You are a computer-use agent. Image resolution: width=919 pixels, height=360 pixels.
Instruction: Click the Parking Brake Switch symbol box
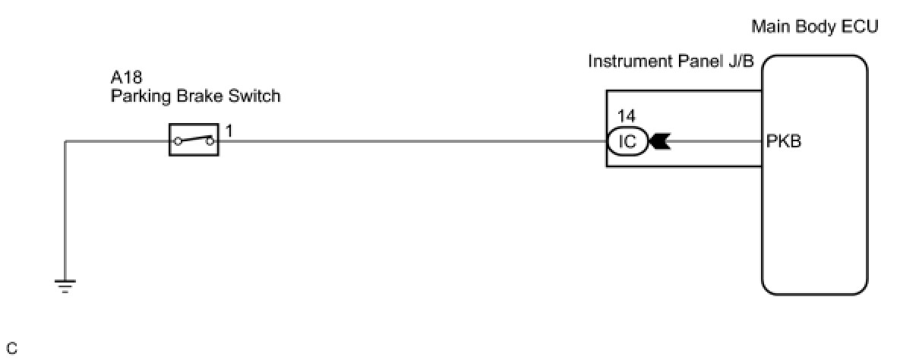pyautogui.click(x=194, y=141)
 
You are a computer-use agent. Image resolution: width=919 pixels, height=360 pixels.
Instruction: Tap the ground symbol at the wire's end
pyautogui.click(x=65, y=287)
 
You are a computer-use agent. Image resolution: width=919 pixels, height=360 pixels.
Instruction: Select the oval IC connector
pyautogui.click(x=627, y=141)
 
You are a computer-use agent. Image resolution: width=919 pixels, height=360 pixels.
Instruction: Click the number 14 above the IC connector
pyautogui.click(x=627, y=116)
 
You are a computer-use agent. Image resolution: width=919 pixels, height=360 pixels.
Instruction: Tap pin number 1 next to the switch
pyautogui.click(x=229, y=131)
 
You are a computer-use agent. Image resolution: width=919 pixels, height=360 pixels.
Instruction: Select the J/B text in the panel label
pyautogui.click(x=741, y=62)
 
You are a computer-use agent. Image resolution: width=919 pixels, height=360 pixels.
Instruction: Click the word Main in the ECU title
pyautogui.click(x=769, y=27)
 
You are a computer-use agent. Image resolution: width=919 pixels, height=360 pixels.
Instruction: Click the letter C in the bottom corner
pyautogui.click(x=11, y=349)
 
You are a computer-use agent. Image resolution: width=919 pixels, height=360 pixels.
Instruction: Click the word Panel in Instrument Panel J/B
pyautogui.click(x=696, y=62)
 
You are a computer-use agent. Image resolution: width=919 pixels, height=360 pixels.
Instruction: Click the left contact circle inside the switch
pyautogui.click(x=178, y=141)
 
